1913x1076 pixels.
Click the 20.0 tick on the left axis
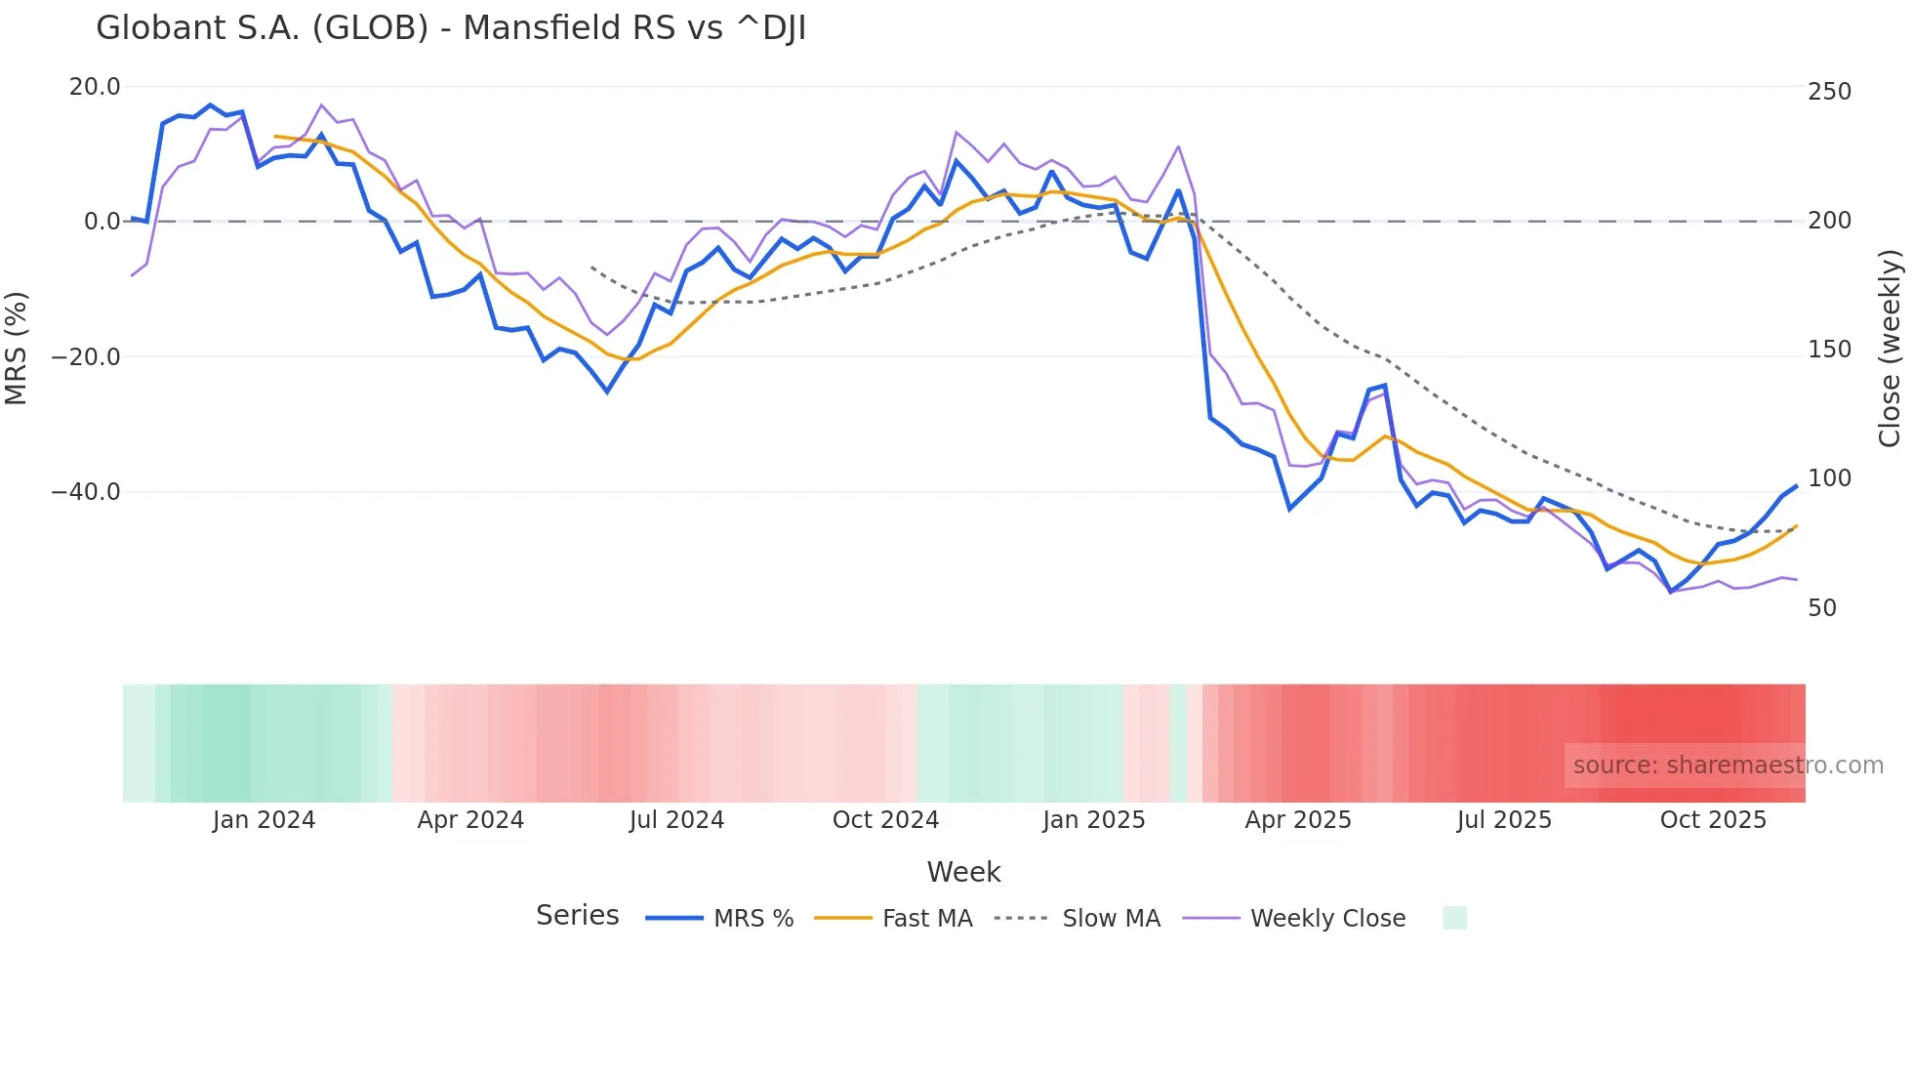(x=95, y=87)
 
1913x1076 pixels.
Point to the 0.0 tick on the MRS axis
(x=102, y=222)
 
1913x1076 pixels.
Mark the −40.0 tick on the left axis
(x=86, y=492)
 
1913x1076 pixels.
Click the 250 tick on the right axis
(x=1829, y=92)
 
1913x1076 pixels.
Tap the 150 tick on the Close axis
(x=1829, y=350)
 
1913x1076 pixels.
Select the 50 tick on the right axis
(x=1822, y=608)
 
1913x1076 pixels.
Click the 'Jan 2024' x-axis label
(x=264, y=820)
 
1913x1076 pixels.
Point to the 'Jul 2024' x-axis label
(x=676, y=820)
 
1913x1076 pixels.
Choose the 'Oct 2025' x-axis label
(x=1713, y=820)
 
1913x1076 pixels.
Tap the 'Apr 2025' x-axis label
(x=1298, y=820)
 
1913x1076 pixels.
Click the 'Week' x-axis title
(x=963, y=872)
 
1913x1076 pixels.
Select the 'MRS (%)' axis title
(x=17, y=348)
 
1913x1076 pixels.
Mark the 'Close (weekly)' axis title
(x=1891, y=348)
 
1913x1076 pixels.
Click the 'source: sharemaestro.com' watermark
(x=1728, y=766)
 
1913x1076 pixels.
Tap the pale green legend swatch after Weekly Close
(x=1454, y=918)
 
